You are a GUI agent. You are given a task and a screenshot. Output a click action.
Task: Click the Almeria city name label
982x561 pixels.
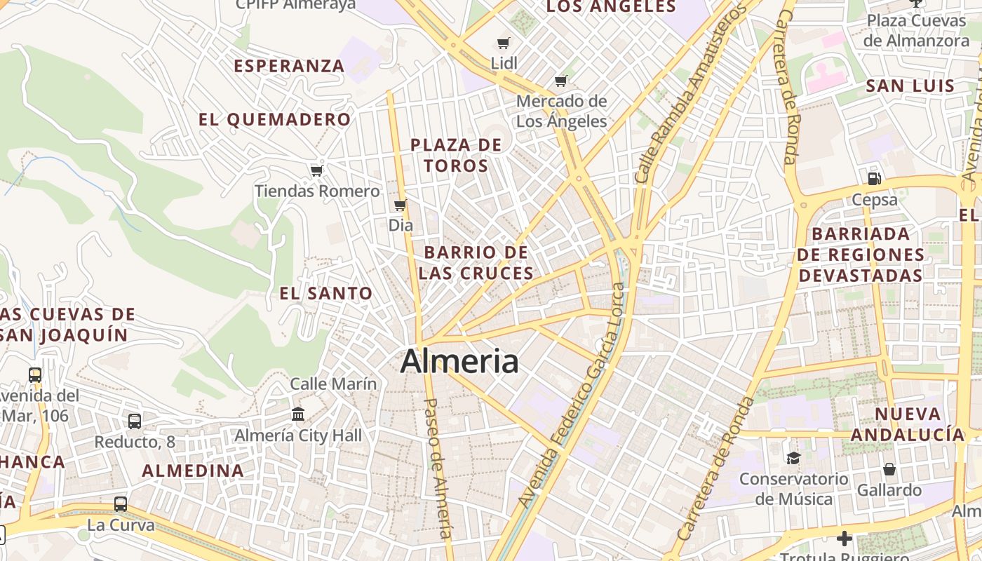[x=459, y=362]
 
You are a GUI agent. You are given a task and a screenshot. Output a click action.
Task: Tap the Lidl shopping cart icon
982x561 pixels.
[x=503, y=43]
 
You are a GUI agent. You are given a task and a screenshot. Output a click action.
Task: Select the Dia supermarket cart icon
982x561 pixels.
[x=400, y=205]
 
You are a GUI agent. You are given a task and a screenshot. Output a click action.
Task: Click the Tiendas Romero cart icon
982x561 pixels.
[x=316, y=170]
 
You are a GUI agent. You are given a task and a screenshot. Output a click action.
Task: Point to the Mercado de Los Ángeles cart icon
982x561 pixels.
[x=560, y=81]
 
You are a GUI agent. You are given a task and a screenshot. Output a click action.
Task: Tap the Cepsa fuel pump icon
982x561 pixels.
[x=874, y=179]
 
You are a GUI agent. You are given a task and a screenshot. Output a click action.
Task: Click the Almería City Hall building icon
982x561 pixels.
[x=298, y=414]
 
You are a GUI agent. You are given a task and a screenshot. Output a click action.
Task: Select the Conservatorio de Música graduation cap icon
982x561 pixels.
[x=793, y=458]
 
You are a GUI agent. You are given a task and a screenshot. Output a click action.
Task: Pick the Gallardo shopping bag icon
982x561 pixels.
[x=889, y=468]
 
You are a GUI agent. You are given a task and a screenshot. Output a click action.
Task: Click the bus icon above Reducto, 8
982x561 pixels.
[x=134, y=421]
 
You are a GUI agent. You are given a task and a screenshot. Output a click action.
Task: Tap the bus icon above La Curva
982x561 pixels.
[x=121, y=503]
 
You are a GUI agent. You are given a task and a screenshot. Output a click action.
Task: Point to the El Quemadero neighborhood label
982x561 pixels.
[x=274, y=119]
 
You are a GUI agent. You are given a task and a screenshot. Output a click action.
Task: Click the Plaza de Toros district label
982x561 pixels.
[x=456, y=155]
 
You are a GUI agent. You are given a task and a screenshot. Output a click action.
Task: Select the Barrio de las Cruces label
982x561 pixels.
[x=476, y=262]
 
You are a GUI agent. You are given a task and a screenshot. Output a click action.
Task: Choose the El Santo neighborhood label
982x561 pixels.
[x=326, y=293]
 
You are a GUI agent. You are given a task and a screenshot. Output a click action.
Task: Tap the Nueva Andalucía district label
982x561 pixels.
[x=908, y=424]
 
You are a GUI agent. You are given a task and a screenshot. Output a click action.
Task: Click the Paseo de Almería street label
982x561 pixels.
[x=438, y=468]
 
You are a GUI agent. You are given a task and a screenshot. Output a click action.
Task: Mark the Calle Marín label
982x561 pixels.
[x=333, y=384]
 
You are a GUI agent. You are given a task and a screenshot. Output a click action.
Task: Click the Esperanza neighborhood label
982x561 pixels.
[x=289, y=66]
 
